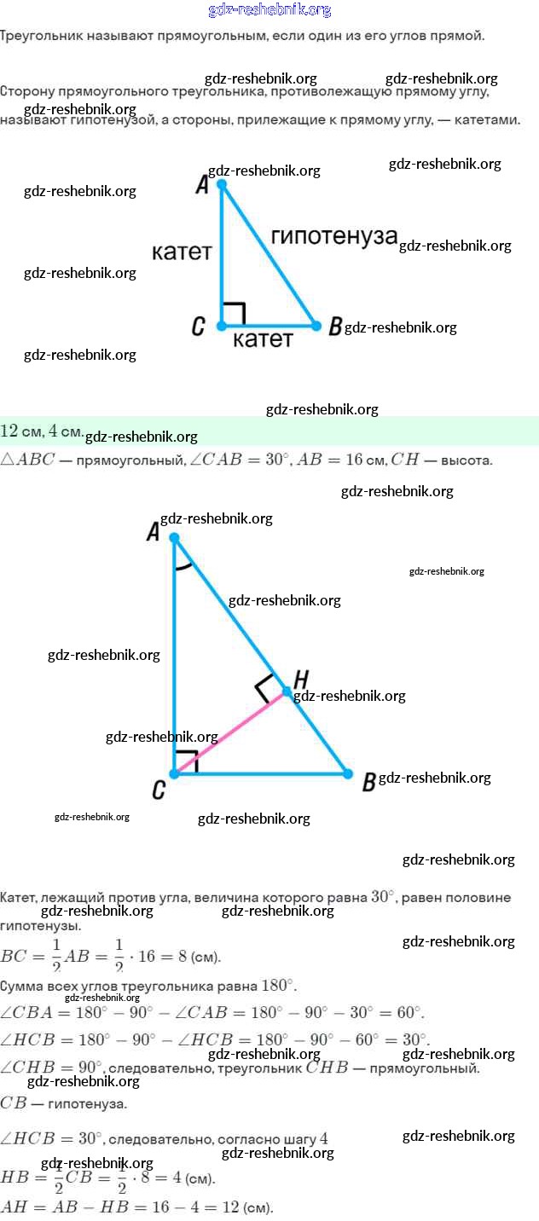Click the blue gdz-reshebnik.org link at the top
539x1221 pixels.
[x=269, y=10]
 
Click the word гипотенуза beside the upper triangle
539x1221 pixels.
[x=334, y=237]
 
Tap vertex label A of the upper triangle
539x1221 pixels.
[x=202, y=185]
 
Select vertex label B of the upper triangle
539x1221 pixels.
[x=335, y=327]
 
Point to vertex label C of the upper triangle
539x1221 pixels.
[x=198, y=327]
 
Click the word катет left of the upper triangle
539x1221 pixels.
[x=182, y=252]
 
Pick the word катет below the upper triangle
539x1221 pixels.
[x=263, y=339]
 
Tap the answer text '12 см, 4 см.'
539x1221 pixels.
[x=42, y=431]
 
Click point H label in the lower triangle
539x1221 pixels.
[x=300, y=679]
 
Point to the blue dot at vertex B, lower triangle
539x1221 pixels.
[x=348, y=774]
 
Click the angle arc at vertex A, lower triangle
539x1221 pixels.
[x=182, y=566]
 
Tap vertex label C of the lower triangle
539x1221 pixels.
[x=159, y=791]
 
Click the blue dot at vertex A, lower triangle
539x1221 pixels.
[x=174, y=538]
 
